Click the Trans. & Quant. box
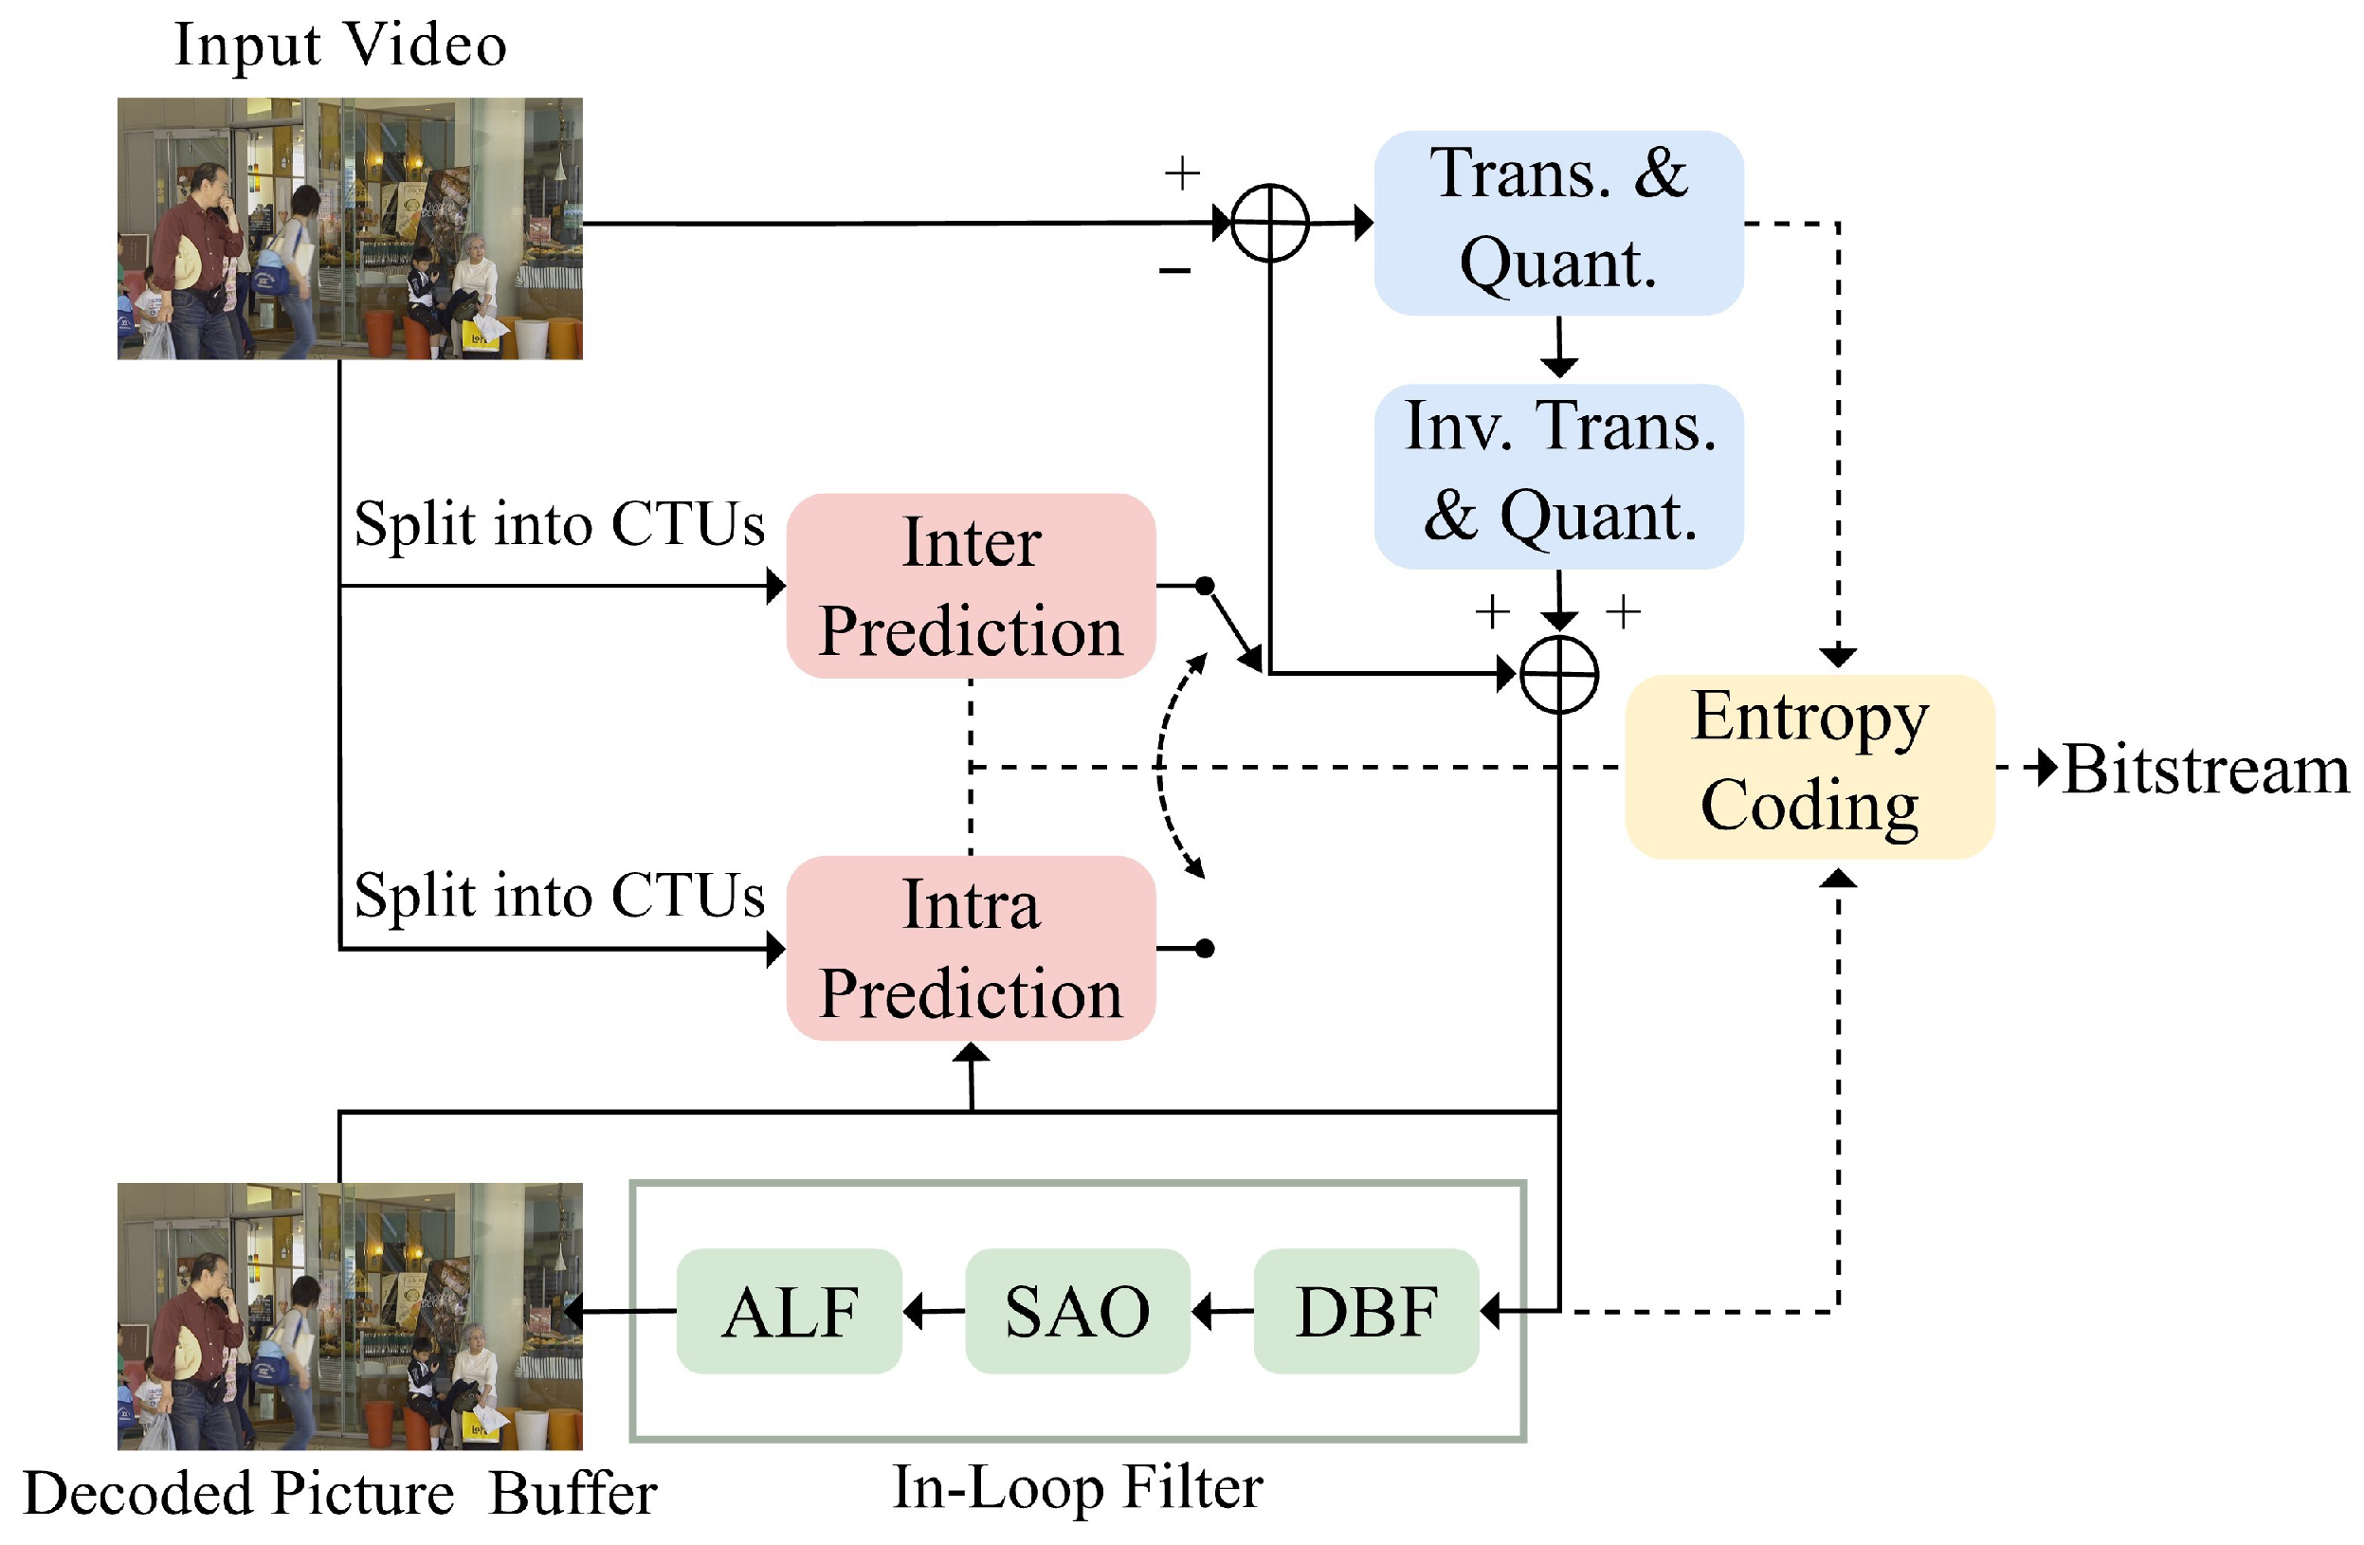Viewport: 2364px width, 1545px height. click(1558, 223)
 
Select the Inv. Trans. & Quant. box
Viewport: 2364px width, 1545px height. click(1558, 476)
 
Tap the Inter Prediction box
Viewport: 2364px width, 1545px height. click(971, 585)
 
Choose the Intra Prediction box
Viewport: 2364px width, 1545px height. click(971, 948)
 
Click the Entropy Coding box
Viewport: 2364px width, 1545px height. click(1809, 766)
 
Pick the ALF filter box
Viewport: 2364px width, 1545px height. click(789, 1311)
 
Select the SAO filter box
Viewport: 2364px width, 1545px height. click(1078, 1311)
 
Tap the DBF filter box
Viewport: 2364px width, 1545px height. click(1367, 1311)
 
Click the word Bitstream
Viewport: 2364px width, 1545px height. click(2206, 769)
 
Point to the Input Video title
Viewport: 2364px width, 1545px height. click(340, 45)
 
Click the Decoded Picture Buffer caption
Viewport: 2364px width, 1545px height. click(339, 1492)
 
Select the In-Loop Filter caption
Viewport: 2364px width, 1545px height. click(1078, 1487)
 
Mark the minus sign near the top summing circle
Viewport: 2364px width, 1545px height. click(1175, 269)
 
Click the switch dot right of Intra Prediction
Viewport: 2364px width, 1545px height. click(1205, 948)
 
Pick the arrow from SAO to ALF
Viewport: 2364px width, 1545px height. click(934, 1311)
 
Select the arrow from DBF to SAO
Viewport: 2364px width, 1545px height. click(1223, 1311)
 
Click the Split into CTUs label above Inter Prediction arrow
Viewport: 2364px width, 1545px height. click(559, 523)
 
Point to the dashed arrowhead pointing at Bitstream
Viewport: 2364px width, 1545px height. click(2046, 767)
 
